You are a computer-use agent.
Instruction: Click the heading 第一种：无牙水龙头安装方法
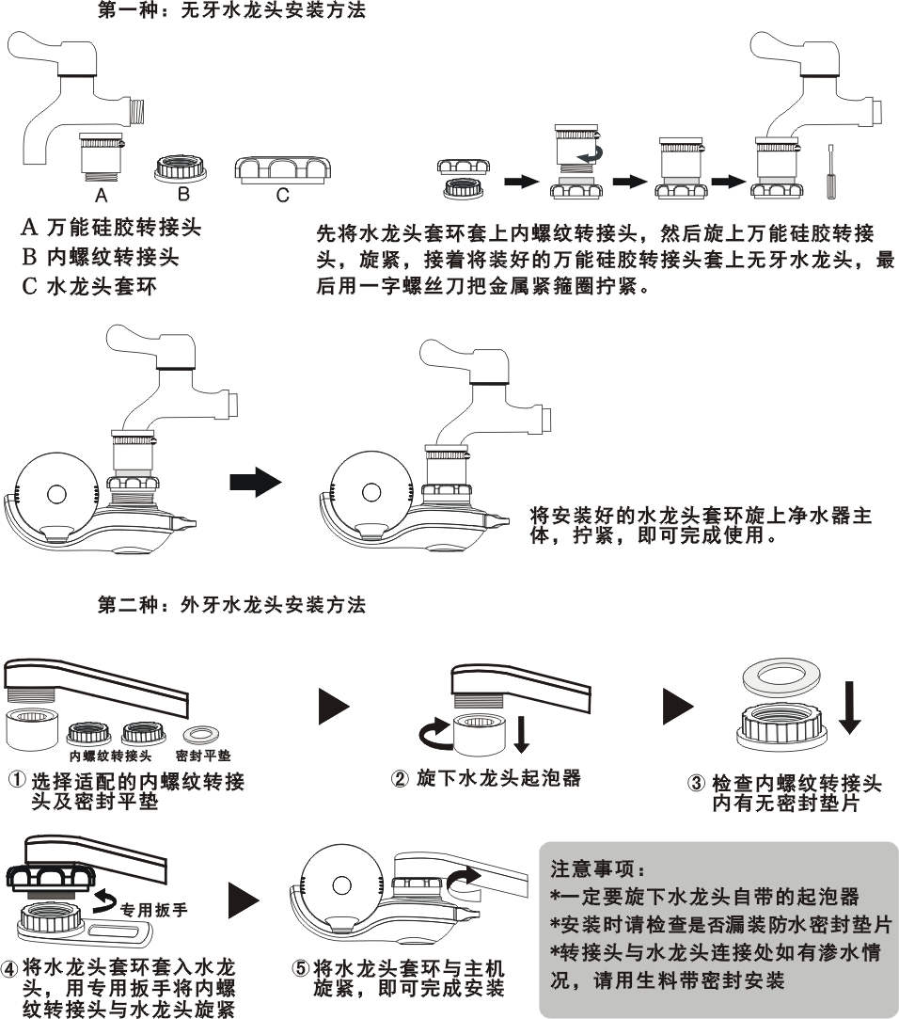(x=231, y=12)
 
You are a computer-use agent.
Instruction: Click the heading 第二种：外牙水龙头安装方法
(x=231, y=604)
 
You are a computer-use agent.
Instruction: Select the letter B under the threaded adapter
(x=183, y=195)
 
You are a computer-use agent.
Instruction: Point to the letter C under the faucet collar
(x=283, y=196)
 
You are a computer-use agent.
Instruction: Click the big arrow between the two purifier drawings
(x=255, y=484)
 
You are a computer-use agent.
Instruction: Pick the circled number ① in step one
(x=18, y=782)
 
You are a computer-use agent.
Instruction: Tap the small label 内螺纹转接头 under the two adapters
(x=110, y=756)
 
